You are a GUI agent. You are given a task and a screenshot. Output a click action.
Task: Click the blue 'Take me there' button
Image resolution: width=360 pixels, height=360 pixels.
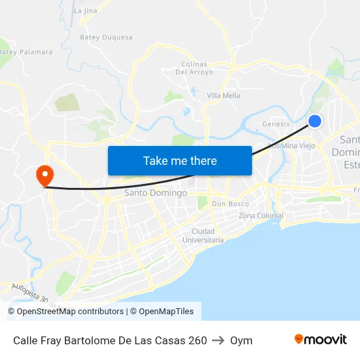coord(180,160)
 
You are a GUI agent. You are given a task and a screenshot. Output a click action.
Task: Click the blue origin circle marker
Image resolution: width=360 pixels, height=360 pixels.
coord(315,121)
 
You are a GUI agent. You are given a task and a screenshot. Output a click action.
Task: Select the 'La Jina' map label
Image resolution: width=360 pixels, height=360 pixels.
coord(86,11)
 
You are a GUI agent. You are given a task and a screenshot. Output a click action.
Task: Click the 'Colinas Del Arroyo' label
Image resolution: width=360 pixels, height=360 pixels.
coord(194,68)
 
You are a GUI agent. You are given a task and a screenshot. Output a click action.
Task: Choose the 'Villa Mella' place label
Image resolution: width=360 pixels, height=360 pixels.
coord(223,96)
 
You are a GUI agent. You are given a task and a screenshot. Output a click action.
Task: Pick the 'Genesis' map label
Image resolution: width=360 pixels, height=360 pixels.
coord(276,124)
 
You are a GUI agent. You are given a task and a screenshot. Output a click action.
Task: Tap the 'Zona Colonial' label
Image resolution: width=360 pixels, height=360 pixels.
coord(261,216)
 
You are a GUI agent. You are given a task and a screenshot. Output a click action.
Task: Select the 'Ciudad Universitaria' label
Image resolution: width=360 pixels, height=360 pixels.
coord(207,236)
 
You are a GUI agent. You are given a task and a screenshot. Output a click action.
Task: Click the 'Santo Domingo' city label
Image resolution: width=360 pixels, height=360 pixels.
coord(156,193)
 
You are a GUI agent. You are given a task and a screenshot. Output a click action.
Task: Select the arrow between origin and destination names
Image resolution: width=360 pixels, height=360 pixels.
coord(219,340)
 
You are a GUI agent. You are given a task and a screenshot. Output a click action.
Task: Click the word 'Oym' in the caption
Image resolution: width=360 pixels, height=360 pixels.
coord(241,340)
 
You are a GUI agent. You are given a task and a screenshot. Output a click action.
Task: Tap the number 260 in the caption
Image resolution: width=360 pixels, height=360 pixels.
coord(198,340)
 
